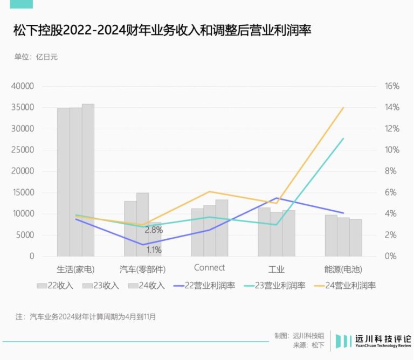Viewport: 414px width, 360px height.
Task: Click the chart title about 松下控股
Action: pos(162,30)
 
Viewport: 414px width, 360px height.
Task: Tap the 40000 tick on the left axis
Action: pos(23,86)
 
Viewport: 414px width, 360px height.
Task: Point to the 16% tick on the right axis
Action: pos(391,86)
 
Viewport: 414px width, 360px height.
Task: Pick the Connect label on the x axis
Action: pos(209,268)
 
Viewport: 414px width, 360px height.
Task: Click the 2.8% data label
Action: pos(154,230)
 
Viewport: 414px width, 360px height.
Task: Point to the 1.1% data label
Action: pos(154,250)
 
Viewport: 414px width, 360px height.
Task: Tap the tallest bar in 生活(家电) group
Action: pos(88,180)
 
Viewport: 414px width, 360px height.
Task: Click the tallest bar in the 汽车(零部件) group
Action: pos(142,224)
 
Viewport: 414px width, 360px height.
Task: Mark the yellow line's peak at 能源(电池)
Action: pos(343,108)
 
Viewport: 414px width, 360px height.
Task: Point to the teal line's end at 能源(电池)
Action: pos(343,139)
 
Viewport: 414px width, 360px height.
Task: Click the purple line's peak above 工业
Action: pos(277,198)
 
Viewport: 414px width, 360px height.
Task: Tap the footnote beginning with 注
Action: pos(86,317)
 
